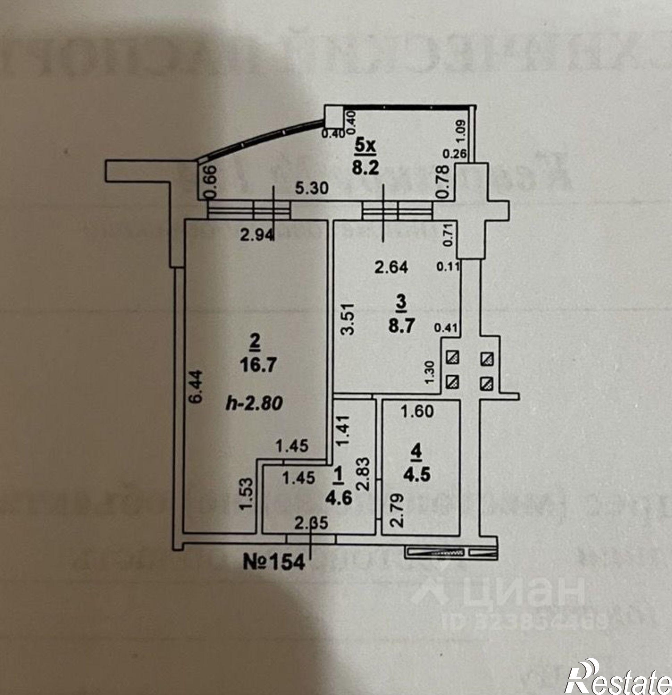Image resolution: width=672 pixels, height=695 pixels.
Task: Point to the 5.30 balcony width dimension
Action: tap(312, 188)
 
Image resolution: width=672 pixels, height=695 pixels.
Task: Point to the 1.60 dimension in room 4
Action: tap(417, 412)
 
